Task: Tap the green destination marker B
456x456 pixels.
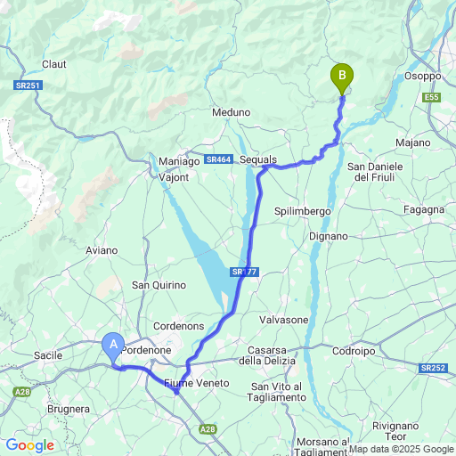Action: [341, 77]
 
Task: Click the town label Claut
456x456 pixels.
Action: [54, 64]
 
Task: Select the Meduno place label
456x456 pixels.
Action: [231, 113]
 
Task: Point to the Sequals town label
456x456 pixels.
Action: [258, 159]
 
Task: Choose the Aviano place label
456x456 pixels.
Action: [102, 250]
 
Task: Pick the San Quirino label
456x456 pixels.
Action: [159, 285]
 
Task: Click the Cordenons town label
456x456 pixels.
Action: [178, 326]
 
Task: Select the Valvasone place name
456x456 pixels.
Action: [283, 320]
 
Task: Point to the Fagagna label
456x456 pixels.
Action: [423, 209]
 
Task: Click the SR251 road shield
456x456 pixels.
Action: [28, 85]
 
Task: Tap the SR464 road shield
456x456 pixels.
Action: [218, 159]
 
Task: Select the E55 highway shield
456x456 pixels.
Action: [432, 96]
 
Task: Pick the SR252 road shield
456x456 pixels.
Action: [434, 368]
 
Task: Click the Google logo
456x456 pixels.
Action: [29, 445]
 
